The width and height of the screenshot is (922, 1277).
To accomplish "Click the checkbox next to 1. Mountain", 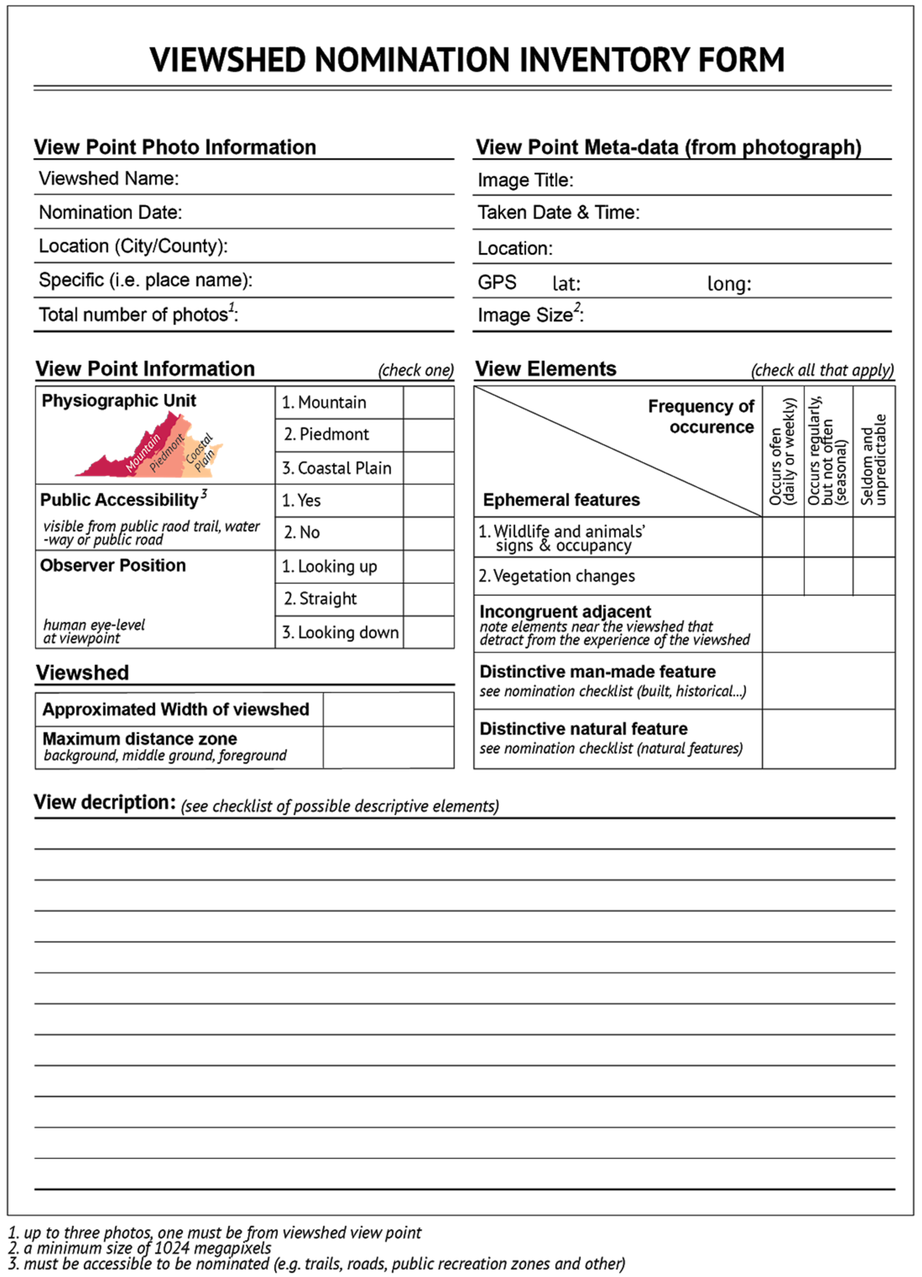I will pyautogui.click(x=428, y=402).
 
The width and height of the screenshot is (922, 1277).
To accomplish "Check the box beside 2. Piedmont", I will pyautogui.click(x=428, y=435).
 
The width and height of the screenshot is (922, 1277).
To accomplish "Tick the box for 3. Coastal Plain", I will pyautogui.click(x=428, y=468).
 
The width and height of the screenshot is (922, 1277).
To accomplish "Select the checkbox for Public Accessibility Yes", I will pyautogui.click(x=428, y=500).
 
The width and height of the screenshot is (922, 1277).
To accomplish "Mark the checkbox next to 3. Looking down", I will pyautogui.click(x=428, y=632).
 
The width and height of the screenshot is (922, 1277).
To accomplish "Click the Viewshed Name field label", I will pyautogui.click(x=109, y=178).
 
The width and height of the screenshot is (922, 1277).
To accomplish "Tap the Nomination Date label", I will pyautogui.click(x=110, y=212).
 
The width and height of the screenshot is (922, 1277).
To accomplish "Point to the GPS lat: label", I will pyautogui.click(x=566, y=283).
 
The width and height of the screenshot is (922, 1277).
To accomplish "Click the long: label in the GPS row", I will pyautogui.click(x=729, y=283).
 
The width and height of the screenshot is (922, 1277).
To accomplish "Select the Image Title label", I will pyautogui.click(x=525, y=180).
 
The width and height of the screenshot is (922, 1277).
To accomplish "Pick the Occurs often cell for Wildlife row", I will pyautogui.click(x=783, y=537).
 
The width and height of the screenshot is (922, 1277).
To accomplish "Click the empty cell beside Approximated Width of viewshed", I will pyautogui.click(x=388, y=709).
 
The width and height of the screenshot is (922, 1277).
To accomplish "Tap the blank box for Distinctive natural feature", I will pyautogui.click(x=829, y=739).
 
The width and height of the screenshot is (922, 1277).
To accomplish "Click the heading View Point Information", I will pyautogui.click(x=145, y=369).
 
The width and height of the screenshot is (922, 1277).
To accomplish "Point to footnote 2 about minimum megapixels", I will pyautogui.click(x=141, y=1248).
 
